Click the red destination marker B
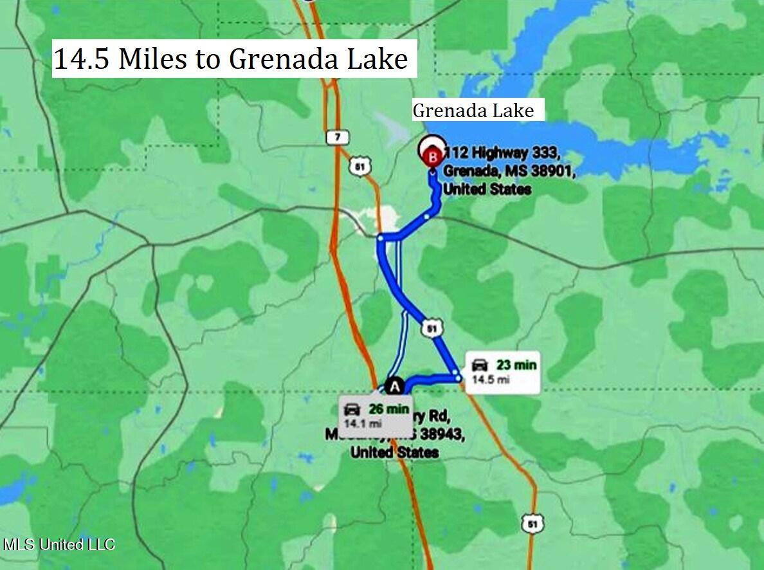point(432,154)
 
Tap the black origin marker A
point(396,386)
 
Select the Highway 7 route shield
point(338,137)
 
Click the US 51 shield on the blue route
point(432,329)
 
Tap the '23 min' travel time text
point(516,365)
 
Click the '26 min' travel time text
point(388,409)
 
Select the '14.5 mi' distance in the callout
point(491,380)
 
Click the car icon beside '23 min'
point(480,365)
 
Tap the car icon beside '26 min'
point(352,409)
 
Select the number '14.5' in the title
point(82,59)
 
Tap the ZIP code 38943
point(438,434)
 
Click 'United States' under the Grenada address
point(487,189)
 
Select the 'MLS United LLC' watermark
point(59,544)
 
